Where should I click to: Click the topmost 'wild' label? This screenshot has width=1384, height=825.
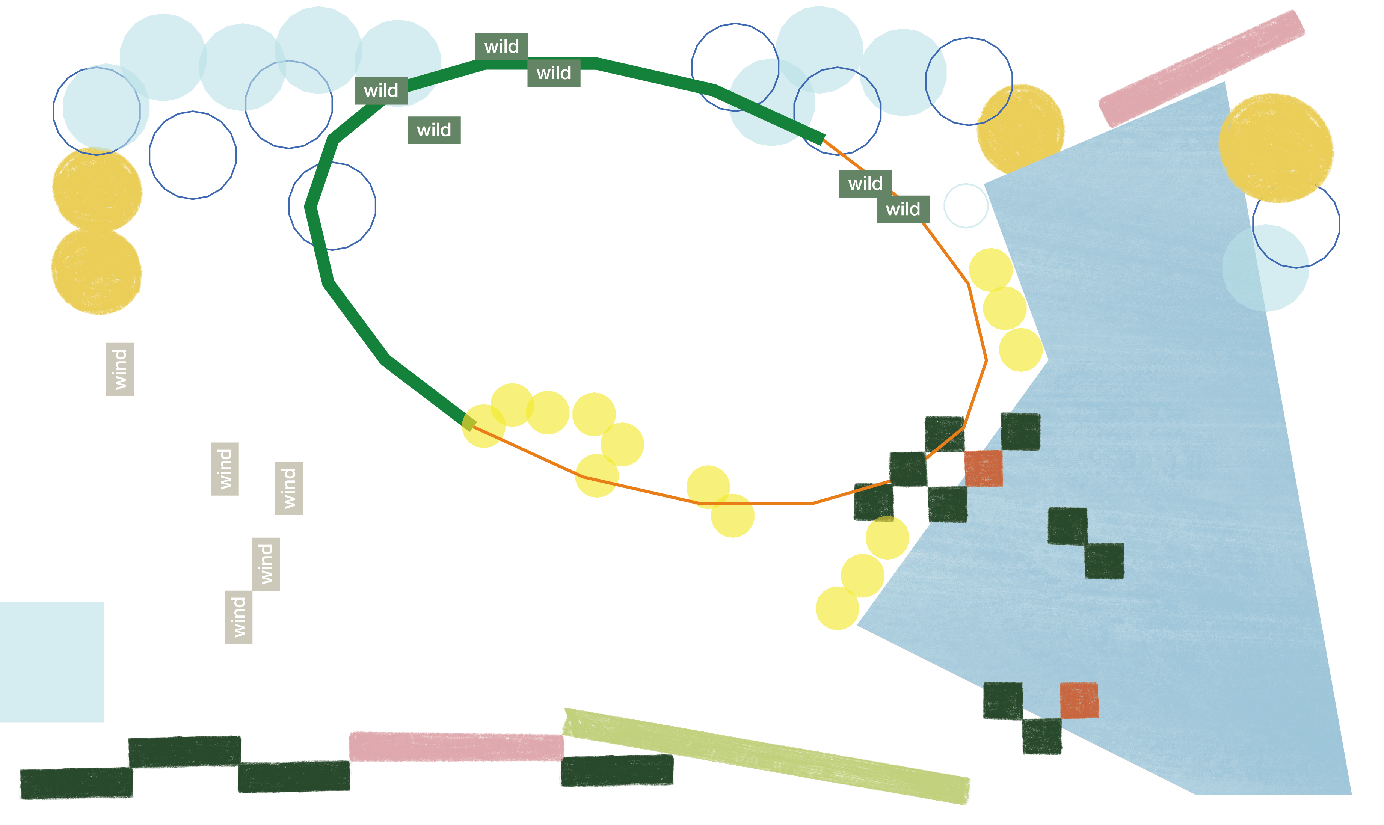pyautogui.click(x=501, y=46)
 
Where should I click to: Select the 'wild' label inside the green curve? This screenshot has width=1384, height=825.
pyautogui.click(x=434, y=130)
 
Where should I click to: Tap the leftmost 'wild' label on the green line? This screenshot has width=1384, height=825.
pyautogui.click(x=381, y=90)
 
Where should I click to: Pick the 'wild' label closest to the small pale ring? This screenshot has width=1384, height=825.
pyautogui.click(x=903, y=209)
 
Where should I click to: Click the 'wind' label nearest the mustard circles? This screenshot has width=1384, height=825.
pyautogui.click(x=119, y=369)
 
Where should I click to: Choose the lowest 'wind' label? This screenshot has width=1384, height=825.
pyautogui.click(x=238, y=617)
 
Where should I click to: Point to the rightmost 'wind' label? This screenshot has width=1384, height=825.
pyautogui.click(x=288, y=488)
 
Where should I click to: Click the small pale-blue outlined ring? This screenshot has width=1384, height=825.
pyautogui.click(x=965, y=206)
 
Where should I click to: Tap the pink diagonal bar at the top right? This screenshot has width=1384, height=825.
pyautogui.click(x=1201, y=68)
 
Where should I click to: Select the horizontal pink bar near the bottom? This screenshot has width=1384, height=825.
pyautogui.click(x=456, y=746)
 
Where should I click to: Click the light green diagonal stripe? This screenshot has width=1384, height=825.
pyautogui.click(x=767, y=756)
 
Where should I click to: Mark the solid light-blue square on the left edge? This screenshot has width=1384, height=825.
pyautogui.click(x=51, y=662)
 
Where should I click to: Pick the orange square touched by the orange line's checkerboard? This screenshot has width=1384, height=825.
pyautogui.click(x=983, y=468)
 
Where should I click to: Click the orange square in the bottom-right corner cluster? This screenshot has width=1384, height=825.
pyautogui.click(x=1079, y=700)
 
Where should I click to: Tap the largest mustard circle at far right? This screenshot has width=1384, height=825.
pyautogui.click(x=1276, y=147)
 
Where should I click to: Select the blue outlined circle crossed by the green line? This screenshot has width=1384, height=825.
pyautogui.click(x=332, y=206)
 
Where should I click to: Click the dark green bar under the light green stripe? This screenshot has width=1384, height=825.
pyautogui.click(x=616, y=771)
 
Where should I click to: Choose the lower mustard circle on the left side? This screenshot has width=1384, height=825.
pyautogui.click(x=96, y=271)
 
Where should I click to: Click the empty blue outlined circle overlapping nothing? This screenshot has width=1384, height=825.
pyautogui.click(x=192, y=155)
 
